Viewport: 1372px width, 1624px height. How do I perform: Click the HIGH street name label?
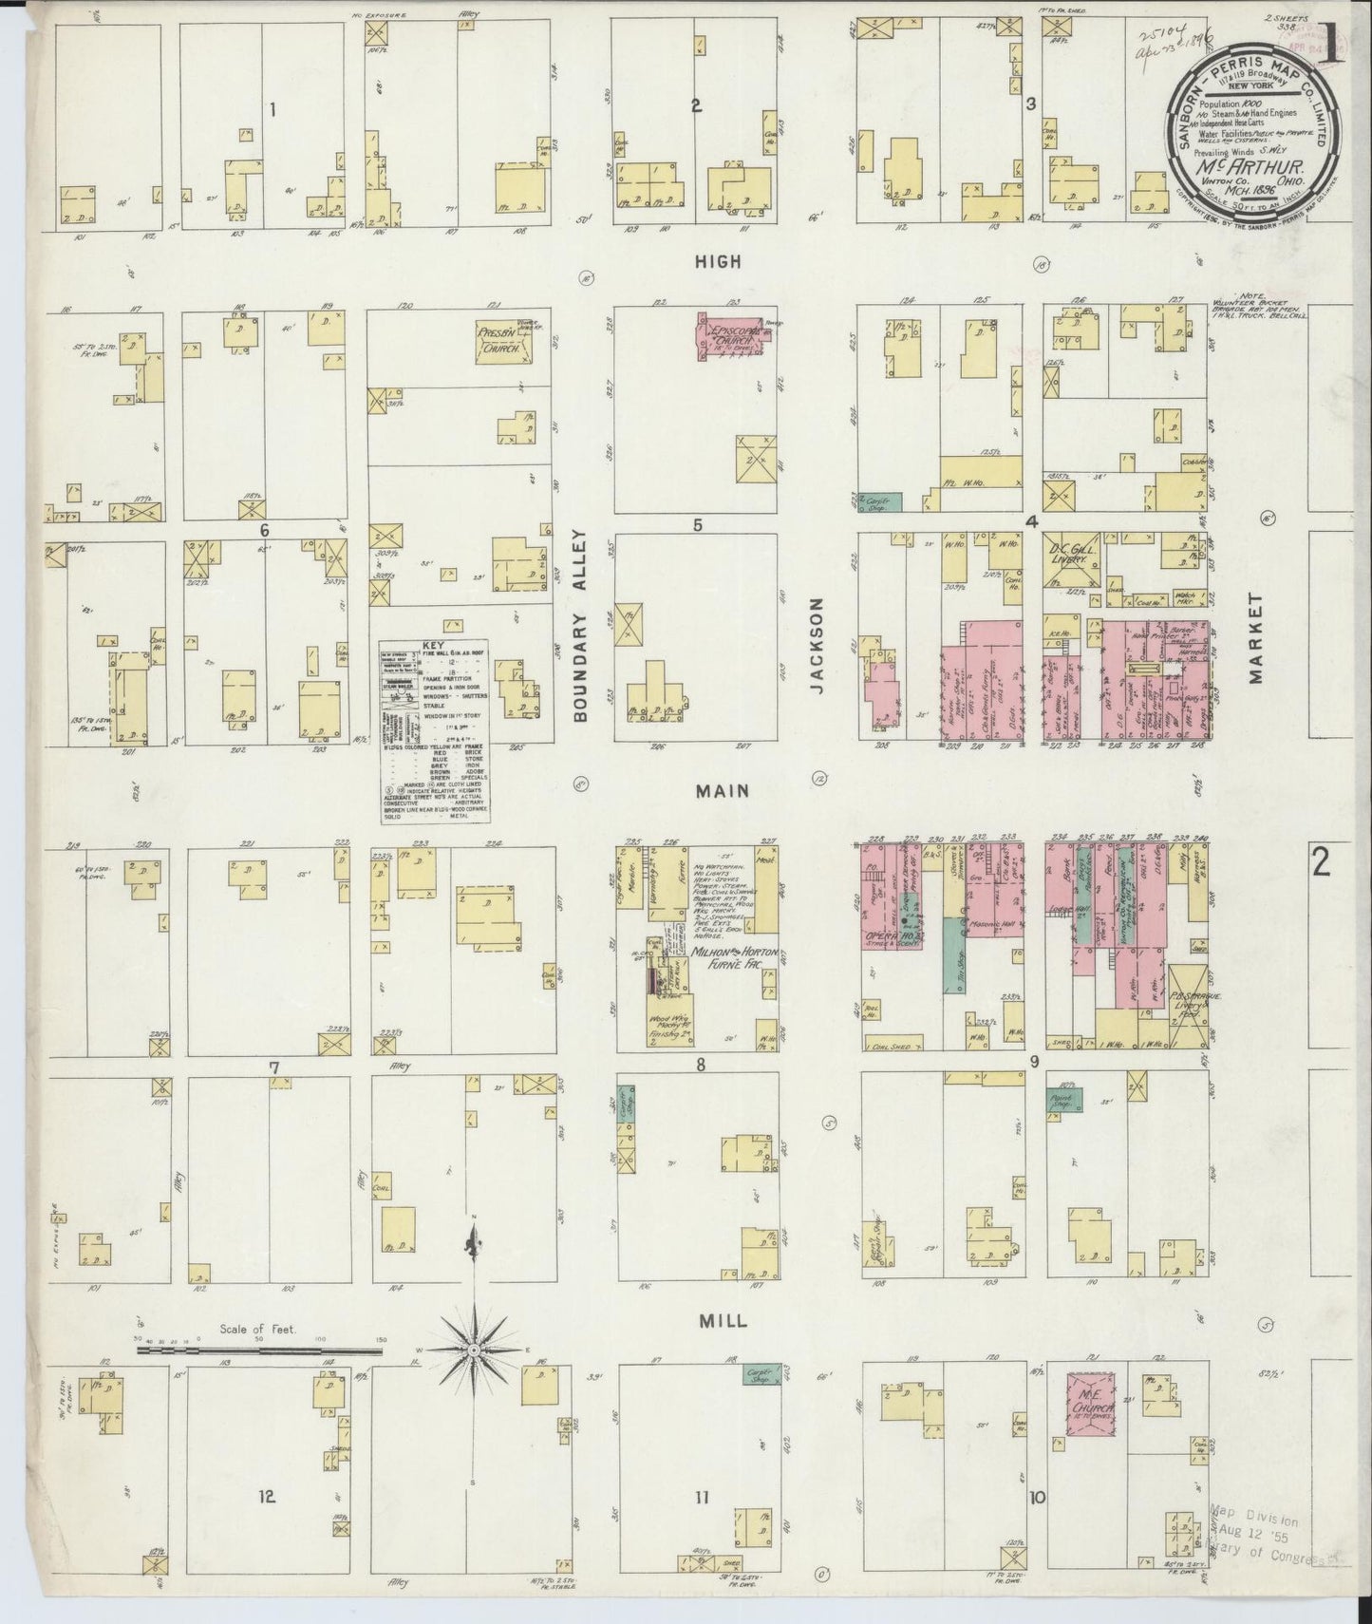pos(718,262)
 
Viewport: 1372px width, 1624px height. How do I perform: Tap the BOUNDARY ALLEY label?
pos(581,627)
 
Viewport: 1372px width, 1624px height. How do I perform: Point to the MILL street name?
pos(724,1321)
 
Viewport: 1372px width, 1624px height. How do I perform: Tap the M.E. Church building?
pos(1091,1402)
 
